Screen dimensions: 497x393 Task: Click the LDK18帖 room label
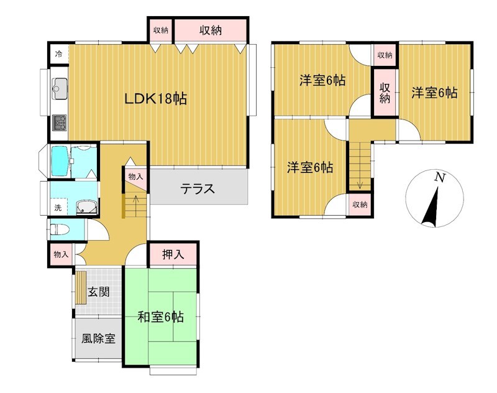(x=155, y=99)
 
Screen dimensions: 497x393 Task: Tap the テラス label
(x=198, y=189)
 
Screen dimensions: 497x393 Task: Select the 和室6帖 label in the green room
(x=161, y=317)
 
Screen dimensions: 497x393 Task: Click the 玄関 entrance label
(x=99, y=292)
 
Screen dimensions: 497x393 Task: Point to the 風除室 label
(x=98, y=339)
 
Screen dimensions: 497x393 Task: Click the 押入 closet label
(x=173, y=254)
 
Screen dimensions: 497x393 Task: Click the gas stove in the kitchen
(x=60, y=123)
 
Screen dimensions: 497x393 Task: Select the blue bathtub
(x=60, y=162)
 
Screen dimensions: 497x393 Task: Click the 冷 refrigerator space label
(x=58, y=54)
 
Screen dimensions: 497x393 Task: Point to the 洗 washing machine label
(x=58, y=208)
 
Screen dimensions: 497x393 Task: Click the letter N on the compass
(x=439, y=177)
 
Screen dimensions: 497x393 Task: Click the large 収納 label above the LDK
(x=211, y=30)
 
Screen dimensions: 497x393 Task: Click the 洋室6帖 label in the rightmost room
(x=434, y=93)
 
